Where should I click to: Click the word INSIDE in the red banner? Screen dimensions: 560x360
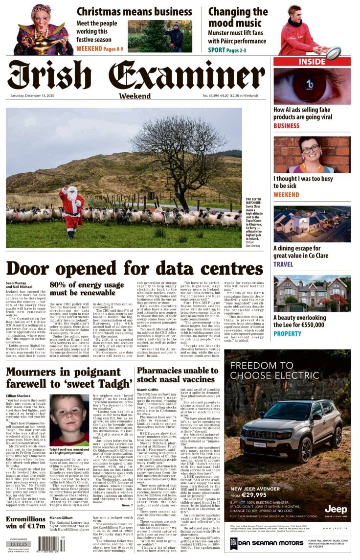pos(312,62)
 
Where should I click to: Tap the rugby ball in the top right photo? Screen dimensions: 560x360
pos(334,51)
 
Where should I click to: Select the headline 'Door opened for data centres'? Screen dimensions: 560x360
pos(128,269)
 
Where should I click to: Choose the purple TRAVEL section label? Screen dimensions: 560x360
pos(283,264)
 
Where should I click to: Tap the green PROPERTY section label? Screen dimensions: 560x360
pos(287,333)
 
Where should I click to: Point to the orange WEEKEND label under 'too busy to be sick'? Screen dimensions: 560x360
pos(286,195)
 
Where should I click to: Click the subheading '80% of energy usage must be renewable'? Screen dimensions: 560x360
pos(86,289)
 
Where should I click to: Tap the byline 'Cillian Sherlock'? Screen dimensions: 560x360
pos(18,396)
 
